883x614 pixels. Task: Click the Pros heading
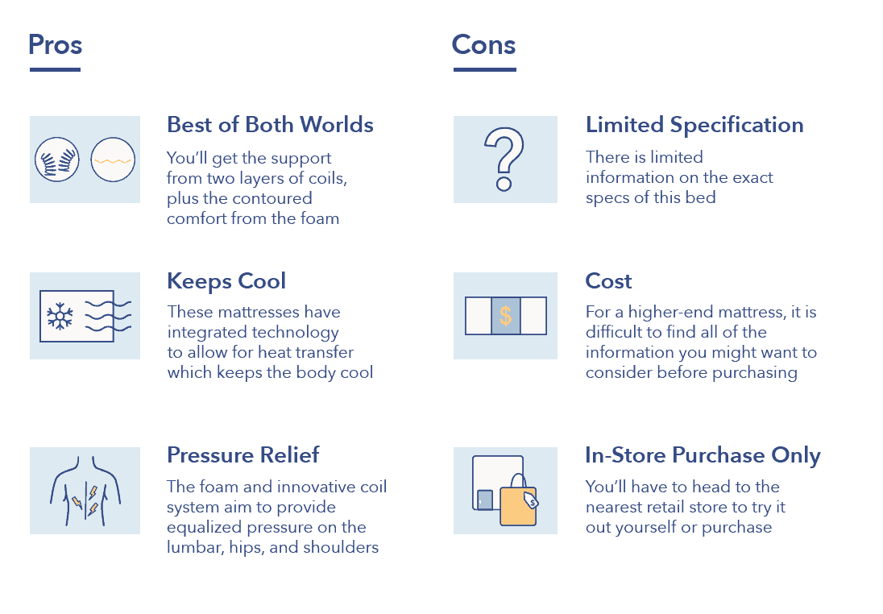tap(55, 44)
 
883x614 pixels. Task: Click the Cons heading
tap(483, 44)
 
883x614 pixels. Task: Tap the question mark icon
tap(504, 159)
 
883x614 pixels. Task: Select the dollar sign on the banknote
tap(506, 316)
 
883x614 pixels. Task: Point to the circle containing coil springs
tap(57, 160)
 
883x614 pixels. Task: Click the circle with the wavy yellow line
tap(113, 160)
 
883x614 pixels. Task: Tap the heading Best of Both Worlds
tap(271, 124)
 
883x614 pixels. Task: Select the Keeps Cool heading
tap(226, 281)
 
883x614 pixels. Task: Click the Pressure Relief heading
tap(243, 454)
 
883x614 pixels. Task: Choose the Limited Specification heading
tap(694, 125)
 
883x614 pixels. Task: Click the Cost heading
tap(609, 281)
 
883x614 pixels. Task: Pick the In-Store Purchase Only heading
tap(703, 455)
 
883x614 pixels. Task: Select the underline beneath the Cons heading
tap(485, 70)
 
